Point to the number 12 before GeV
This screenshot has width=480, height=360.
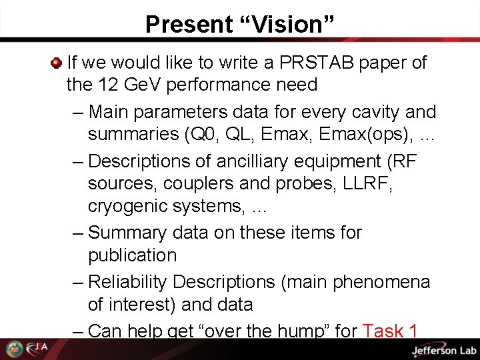coord(106,85)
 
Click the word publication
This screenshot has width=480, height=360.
coord(132,255)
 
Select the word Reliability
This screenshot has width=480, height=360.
coord(127,282)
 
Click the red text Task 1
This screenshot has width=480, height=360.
coord(390,331)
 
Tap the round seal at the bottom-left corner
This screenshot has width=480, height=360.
coord(14,349)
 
